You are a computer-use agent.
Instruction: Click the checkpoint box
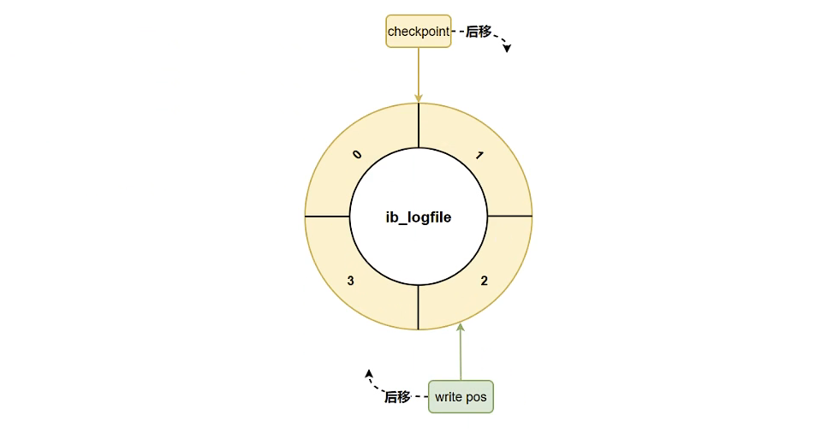click(x=419, y=31)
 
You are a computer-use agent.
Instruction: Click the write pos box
click(x=461, y=396)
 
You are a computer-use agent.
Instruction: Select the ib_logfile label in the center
click(x=419, y=217)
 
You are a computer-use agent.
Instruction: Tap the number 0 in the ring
click(x=356, y=154)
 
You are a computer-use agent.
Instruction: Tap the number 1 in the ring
click(x=479, y=156)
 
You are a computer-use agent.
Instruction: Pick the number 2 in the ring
click(x=484, y=281)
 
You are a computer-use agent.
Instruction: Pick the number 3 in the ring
click(x=350, y=281)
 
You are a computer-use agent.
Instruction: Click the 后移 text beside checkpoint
click(x=479, y=32)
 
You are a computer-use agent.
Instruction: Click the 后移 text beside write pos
click(x=397, y=397)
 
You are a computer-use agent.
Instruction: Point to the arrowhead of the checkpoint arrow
click(x=419, y=98)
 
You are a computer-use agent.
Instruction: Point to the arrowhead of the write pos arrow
click(x=460, y=327)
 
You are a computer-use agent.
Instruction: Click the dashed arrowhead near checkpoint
click(x=507, y=48)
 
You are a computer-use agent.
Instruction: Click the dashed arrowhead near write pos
click(x=368, y=373)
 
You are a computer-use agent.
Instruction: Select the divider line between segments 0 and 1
click(x=419, y=125)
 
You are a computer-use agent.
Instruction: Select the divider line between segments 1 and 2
click(x=509, y=216)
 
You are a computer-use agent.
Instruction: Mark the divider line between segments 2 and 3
click(x=418, y=307)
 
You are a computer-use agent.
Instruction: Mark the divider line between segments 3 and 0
click(x=327, y=216)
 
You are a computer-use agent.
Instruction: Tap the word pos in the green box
click(x=476, y=398)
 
